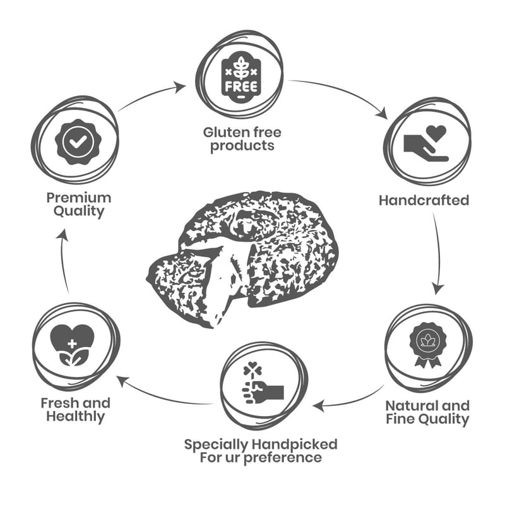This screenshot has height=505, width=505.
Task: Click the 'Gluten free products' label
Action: pos(242,139)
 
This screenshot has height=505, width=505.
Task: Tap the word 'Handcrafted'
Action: pos(424,200)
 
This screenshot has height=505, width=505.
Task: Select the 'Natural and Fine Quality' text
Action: pos(427,412)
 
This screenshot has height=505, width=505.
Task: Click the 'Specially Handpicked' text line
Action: pos(260,444)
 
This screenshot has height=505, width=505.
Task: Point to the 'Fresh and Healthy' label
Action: pos(75,410)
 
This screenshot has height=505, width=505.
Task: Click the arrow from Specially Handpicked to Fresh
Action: pos(164,395)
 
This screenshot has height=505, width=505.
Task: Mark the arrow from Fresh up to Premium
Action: pos(63,259)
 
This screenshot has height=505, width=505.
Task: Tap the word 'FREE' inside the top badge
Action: pos(240,85)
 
